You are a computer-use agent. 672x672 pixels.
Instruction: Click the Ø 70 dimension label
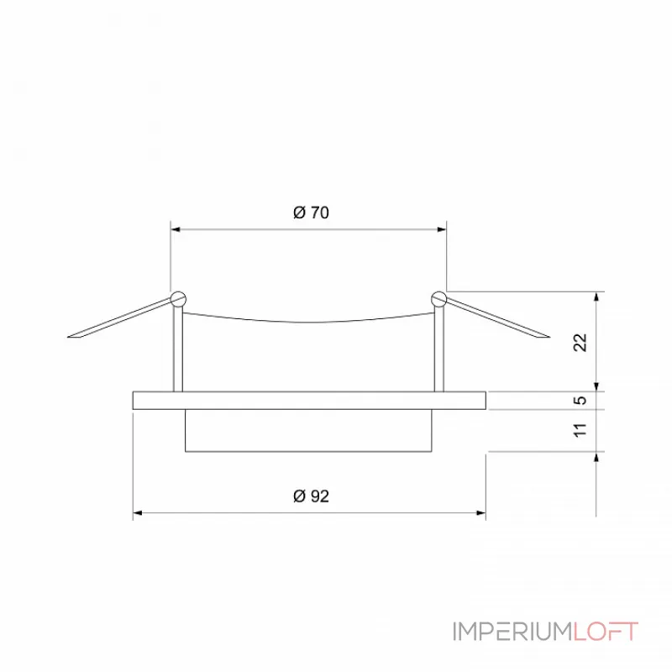pyautogui.click(x=311, y=213)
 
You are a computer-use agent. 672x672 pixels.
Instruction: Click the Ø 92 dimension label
pyautogui.click(x=311, y=496)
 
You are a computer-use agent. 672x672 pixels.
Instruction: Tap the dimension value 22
pyautogui.click(x=579, y=341)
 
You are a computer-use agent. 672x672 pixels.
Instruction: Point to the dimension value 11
pyautogui.click(x=579, y=430)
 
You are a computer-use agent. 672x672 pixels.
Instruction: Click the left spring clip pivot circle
pyautogui.click(x=177, y=297)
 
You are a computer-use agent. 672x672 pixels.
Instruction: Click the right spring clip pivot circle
pyautogui.click(x=438, y=297)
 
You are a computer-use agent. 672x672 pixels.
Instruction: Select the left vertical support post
pyautogui.click(x=176, y=349)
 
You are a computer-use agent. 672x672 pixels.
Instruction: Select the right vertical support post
pyautogui.click(x=438, y=349)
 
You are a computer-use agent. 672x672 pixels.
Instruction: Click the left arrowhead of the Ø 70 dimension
pyautogui.click(x=176, y=228)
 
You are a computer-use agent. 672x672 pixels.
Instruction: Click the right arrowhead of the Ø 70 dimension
pyautogui.click(x=441, y=228)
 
